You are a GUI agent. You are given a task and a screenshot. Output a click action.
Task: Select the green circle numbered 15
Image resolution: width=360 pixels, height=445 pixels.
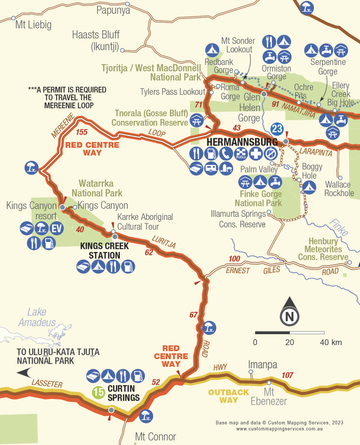pos(99,392)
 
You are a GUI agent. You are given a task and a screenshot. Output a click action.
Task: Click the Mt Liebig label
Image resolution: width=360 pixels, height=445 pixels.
pos(33,25)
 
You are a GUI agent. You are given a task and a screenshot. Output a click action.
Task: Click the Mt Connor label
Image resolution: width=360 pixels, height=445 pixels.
pos(156,436)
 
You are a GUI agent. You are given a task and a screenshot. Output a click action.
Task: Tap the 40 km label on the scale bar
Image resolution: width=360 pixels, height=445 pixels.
pos(330,342)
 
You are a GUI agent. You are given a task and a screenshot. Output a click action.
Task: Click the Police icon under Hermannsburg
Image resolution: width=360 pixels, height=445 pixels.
pos(240,153)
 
